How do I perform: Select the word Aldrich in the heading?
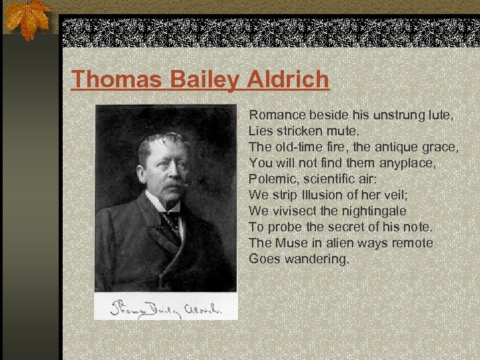287,79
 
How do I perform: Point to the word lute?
441,115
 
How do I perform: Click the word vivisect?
297,211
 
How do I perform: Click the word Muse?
294,243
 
